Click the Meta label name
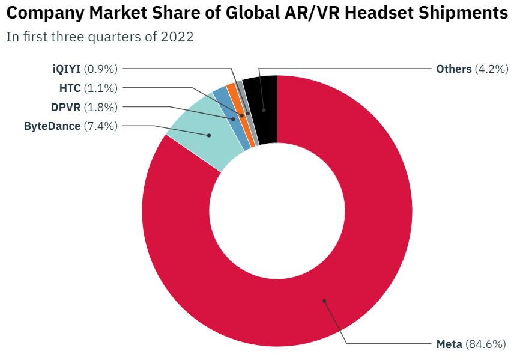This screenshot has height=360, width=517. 449,344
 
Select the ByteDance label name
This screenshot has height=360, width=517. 52,126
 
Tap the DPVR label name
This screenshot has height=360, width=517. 65,107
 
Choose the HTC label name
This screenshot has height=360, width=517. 70,88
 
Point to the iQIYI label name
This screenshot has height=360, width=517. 67,69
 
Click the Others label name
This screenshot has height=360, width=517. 453,69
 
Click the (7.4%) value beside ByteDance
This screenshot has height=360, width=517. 100,126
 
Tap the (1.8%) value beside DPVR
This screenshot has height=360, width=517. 100,107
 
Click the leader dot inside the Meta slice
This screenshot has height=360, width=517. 324,300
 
